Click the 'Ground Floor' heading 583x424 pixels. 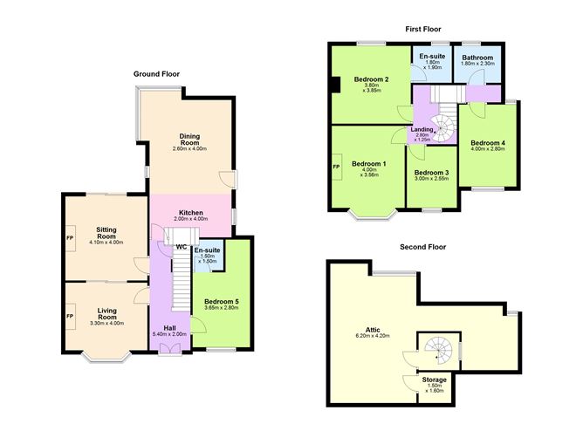[156, 74]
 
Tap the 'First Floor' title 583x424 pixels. [423, 29]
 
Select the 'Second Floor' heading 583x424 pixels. [422, 247]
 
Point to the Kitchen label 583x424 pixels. [191, 213]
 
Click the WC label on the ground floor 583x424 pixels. [182, 247]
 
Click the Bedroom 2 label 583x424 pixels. [371, 79]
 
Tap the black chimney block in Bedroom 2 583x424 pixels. [336, 85]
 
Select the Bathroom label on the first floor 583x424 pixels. [478, 58]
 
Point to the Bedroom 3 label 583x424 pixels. [431, 173]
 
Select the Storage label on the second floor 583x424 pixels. [435, 380]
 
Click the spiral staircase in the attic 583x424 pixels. [441, 351]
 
